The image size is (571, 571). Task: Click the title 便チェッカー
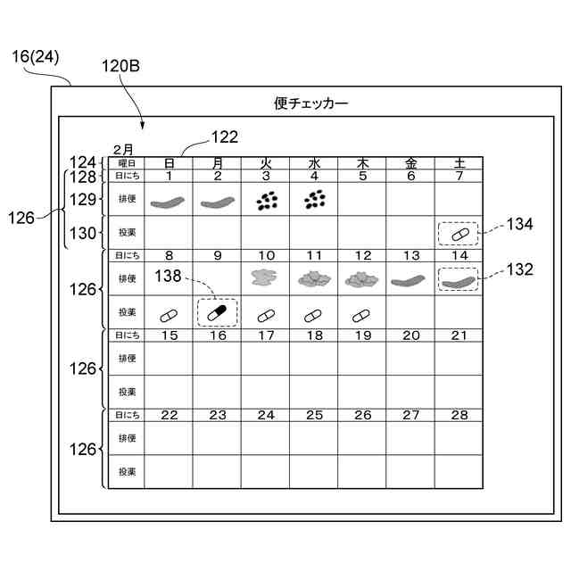311,103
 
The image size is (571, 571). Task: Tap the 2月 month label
123,149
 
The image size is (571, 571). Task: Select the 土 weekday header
459,163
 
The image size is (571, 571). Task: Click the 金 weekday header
410,163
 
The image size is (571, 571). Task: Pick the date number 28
459,415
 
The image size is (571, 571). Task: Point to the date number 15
169,335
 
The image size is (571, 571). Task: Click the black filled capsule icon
218,313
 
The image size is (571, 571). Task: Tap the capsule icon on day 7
459,234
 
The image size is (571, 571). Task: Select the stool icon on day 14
459,281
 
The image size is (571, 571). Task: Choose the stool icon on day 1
169,203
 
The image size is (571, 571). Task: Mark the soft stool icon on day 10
266,280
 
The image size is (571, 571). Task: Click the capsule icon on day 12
362,314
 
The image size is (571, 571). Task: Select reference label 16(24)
36,56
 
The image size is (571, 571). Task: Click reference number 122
225,137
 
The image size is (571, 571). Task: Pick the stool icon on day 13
410,281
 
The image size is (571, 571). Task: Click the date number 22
169,415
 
